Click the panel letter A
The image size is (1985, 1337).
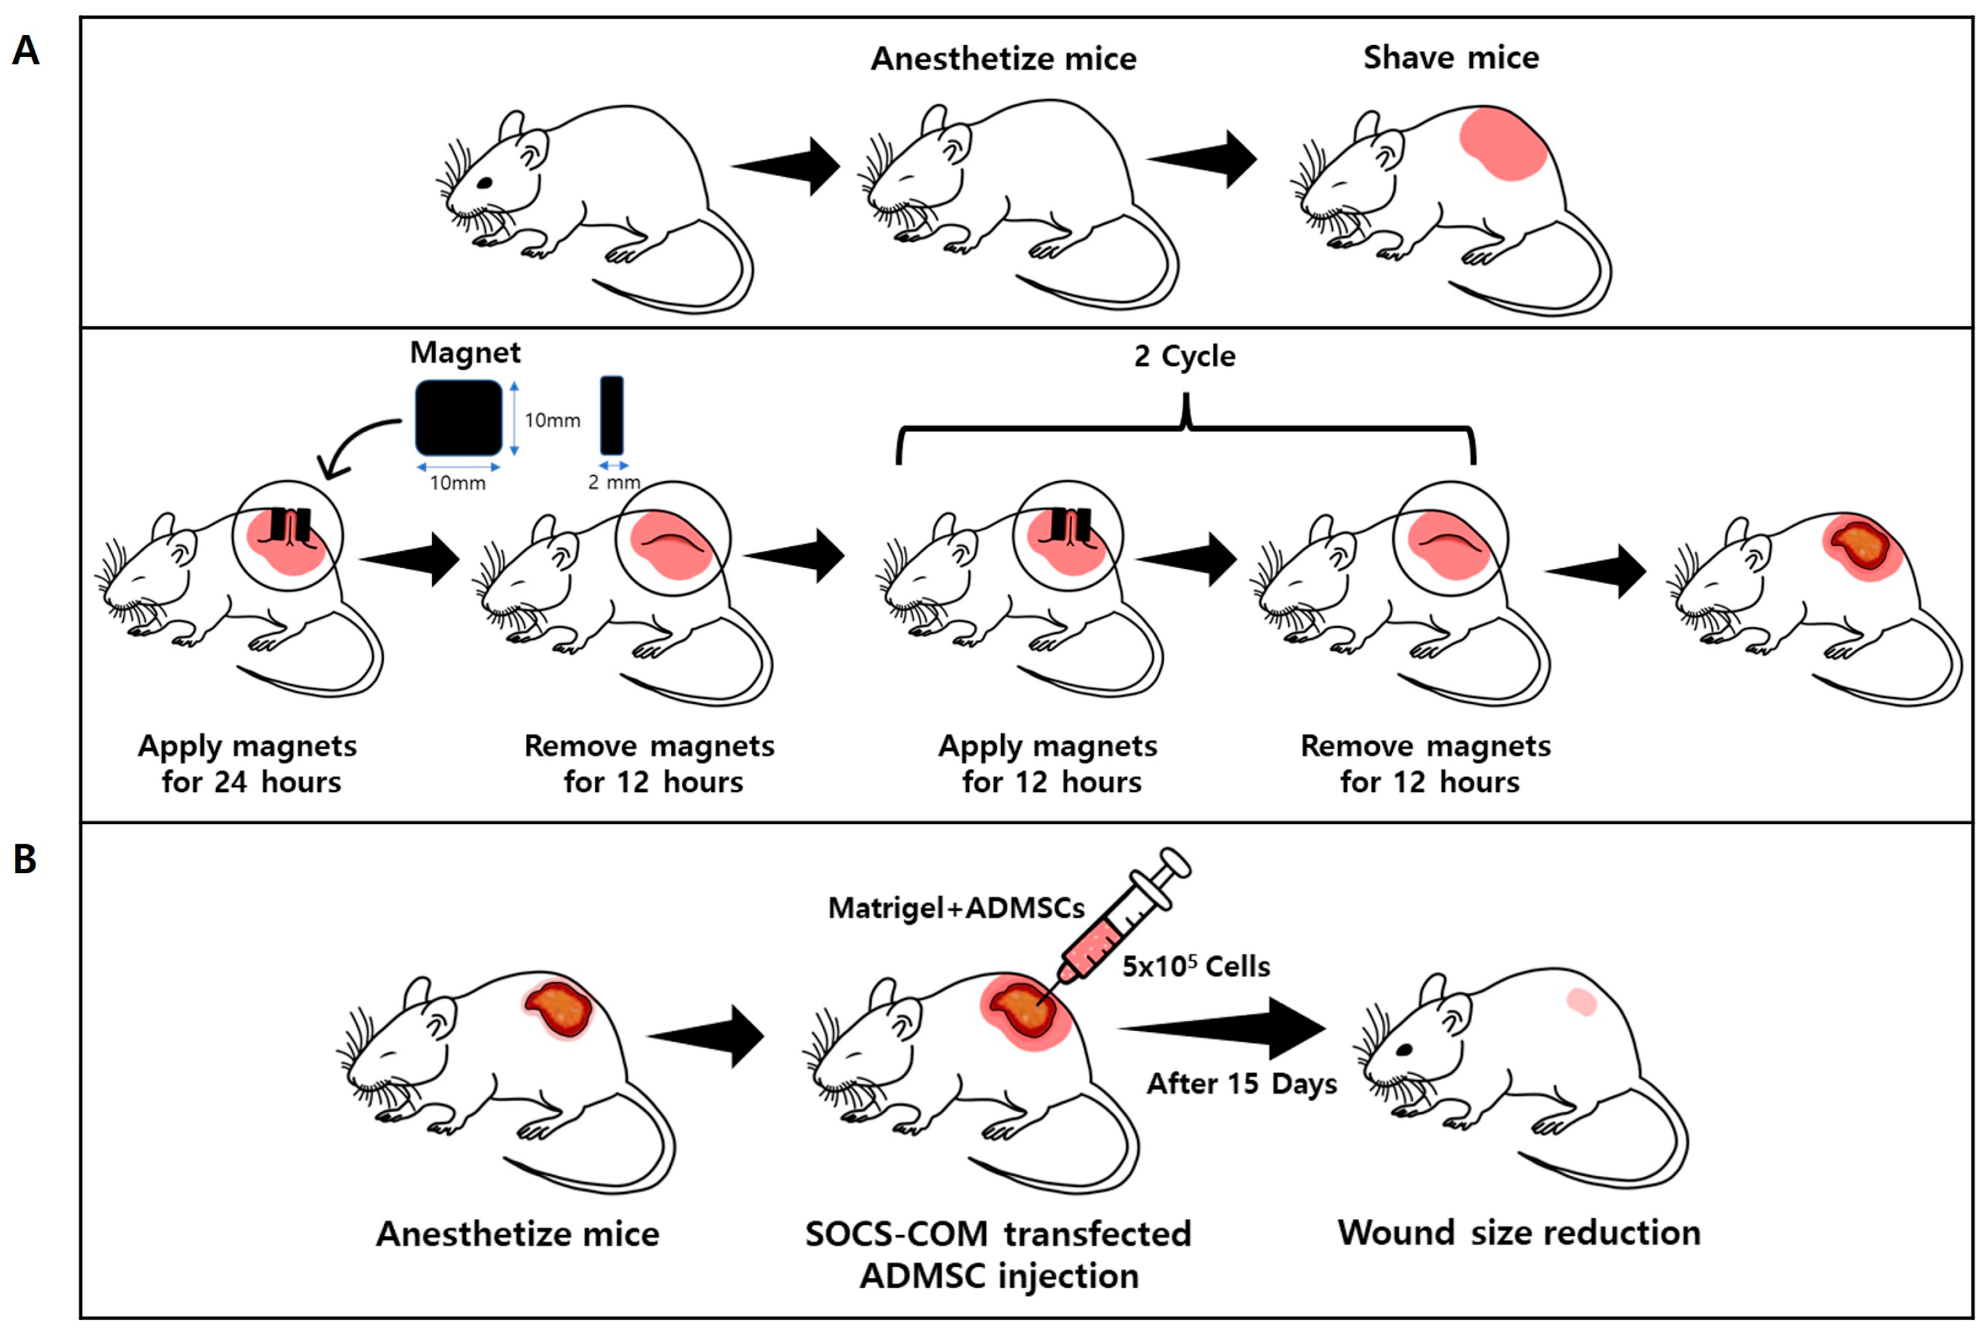(x=26, y=50)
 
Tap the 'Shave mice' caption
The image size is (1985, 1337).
(x=1451, y=57)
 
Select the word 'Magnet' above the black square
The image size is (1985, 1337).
(x=464, y=352)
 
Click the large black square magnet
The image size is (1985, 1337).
(x=459, y=418)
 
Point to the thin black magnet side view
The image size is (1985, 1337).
(x=612, y=415)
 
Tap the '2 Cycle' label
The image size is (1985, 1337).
(x=1184, y=355)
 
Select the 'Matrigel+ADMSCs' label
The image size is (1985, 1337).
(x=957, y=908)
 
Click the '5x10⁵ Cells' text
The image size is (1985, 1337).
(x=1195, y=966)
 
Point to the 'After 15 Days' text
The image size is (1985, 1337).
(x=1241, y=1083)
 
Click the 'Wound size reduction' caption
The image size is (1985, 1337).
(x=1519, y=1232)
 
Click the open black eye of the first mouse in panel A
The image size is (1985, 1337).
(x=484, y=182)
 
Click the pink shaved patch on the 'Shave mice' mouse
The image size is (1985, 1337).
(x=1503, y=143)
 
